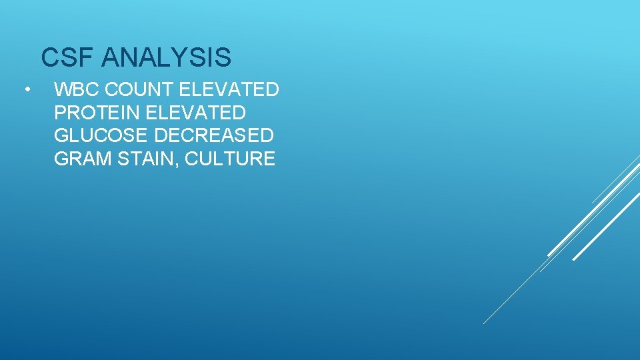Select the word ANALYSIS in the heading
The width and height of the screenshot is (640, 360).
167,58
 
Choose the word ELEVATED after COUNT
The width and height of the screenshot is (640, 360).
229,89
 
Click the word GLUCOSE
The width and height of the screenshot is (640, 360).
101,135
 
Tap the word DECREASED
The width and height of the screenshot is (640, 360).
215,135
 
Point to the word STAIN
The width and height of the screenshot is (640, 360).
141,159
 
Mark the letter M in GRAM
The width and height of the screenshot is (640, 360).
98,159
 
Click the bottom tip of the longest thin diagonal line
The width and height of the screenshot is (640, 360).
483,324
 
